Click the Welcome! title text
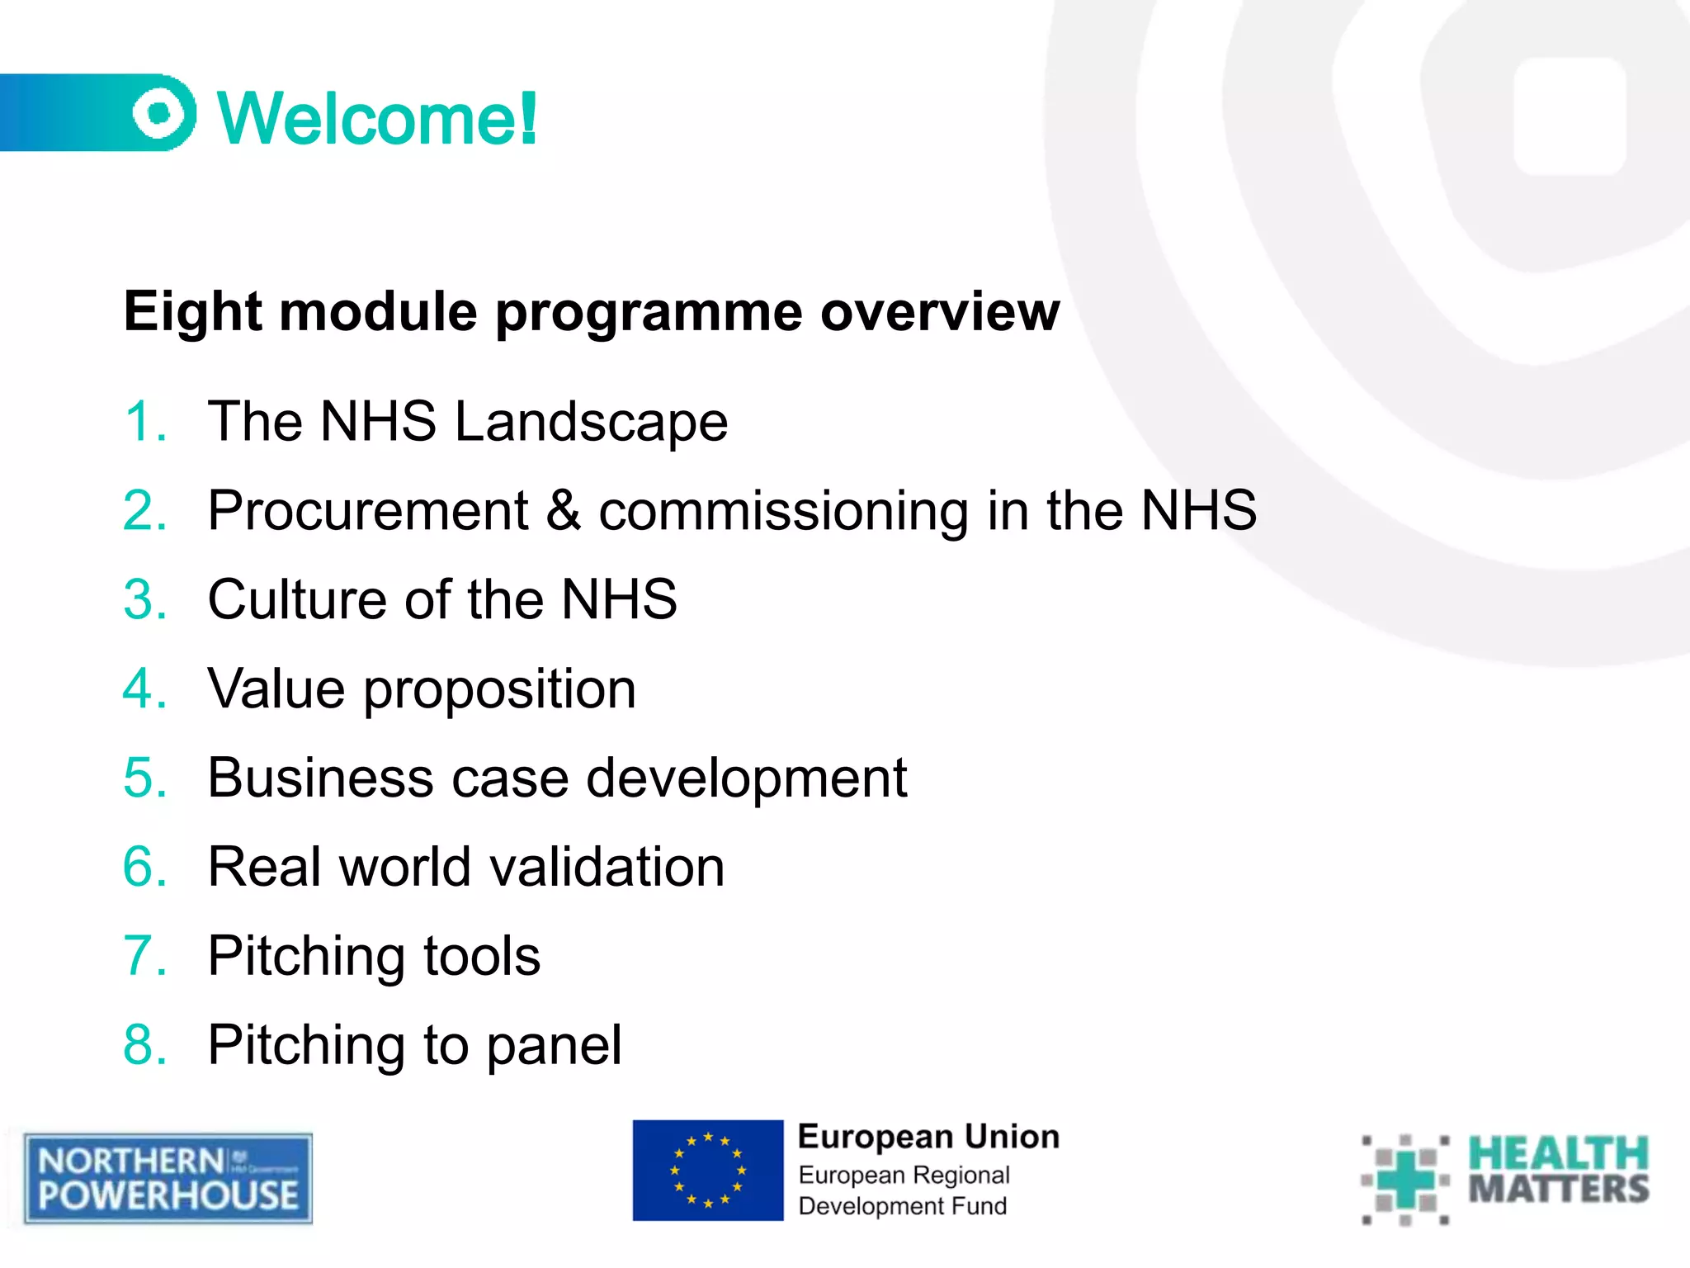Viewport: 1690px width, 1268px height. click(377, 120)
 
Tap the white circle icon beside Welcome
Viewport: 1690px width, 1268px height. click(160, 113)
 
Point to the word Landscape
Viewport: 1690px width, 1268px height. click(591, 422)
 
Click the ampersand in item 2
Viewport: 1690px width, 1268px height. click(563, 511)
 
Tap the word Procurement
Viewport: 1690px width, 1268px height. click(368, 511)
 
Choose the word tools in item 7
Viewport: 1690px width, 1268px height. click(482, 957)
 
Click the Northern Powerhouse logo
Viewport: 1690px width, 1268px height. click(168, 1178)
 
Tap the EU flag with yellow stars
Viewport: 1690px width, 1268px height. click(707, 1170)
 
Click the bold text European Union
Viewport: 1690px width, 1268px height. click(928, 1138)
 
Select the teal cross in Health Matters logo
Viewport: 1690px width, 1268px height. click(1405, 1179)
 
